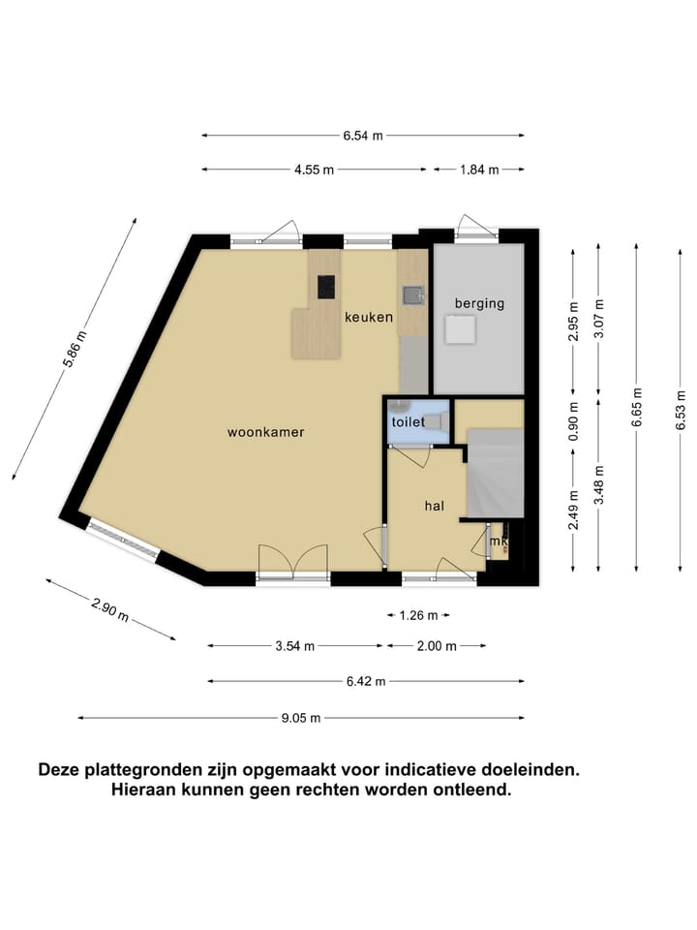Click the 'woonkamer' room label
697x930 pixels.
[265, 432]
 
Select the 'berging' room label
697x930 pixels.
[480, 303]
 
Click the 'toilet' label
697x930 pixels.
[408, 422]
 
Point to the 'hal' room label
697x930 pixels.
[435, 505]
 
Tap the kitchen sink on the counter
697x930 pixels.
[411, 294]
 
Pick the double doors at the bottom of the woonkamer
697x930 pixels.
[293, 565]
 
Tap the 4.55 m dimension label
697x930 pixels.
[314, 170]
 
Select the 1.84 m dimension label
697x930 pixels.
[479, 170]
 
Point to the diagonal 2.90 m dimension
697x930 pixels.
[109, 609]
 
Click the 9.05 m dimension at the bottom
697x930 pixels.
[301, 718]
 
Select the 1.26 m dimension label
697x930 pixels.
[419, 615]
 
